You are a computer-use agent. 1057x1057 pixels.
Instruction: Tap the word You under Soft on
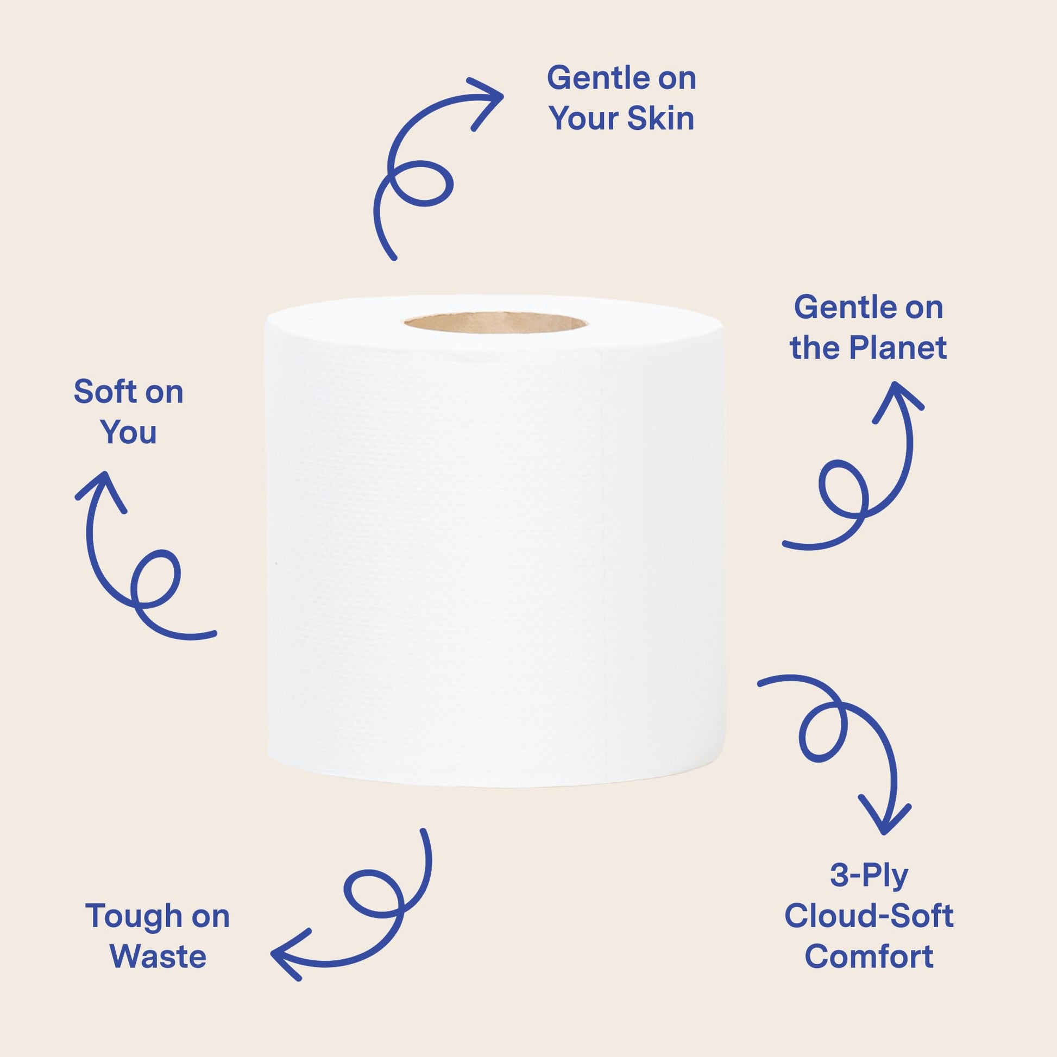pos(129,432)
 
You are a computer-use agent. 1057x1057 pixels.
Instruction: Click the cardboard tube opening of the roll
pos(495,322)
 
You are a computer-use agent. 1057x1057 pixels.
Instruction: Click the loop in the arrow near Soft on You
pos(156,578)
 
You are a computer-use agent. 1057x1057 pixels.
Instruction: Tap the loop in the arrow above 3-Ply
pos(823,732)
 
